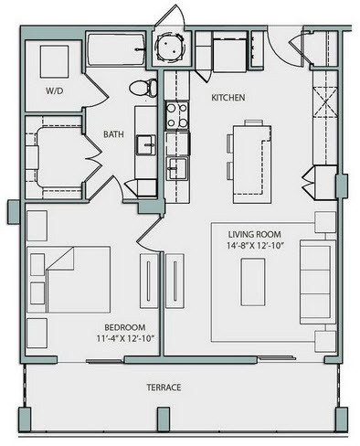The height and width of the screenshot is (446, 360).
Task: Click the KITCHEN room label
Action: tap(228, 98)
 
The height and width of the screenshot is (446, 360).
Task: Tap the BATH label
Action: tap(113, 134)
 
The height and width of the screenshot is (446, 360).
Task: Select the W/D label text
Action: tap(54, 90)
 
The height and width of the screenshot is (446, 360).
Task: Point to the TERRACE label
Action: tap(164, 388)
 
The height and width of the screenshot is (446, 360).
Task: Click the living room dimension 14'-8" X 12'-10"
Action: tap(255, 245)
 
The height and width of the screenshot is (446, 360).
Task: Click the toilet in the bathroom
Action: tap(143, 88)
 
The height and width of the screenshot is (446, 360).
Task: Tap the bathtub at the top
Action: tap(116, 49)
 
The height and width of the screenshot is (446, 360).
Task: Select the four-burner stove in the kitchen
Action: tap(176, 115)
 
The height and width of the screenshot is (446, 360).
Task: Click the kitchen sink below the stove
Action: tap(177, 168)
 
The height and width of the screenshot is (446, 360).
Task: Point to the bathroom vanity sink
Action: tap(145, 145)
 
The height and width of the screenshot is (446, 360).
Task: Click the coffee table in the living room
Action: tap(253, 281)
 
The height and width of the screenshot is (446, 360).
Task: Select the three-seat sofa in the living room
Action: tap(318, 281)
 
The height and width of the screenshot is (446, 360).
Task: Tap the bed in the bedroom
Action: tap(69, 280)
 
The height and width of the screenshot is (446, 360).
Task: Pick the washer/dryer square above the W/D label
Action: tap(54, 62)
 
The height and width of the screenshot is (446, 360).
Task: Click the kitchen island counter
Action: tap(252, 164)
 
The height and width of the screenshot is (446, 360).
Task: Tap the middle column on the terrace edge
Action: tap(164, 419)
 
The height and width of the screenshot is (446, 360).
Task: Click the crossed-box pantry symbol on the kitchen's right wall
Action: tap(325, 101)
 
